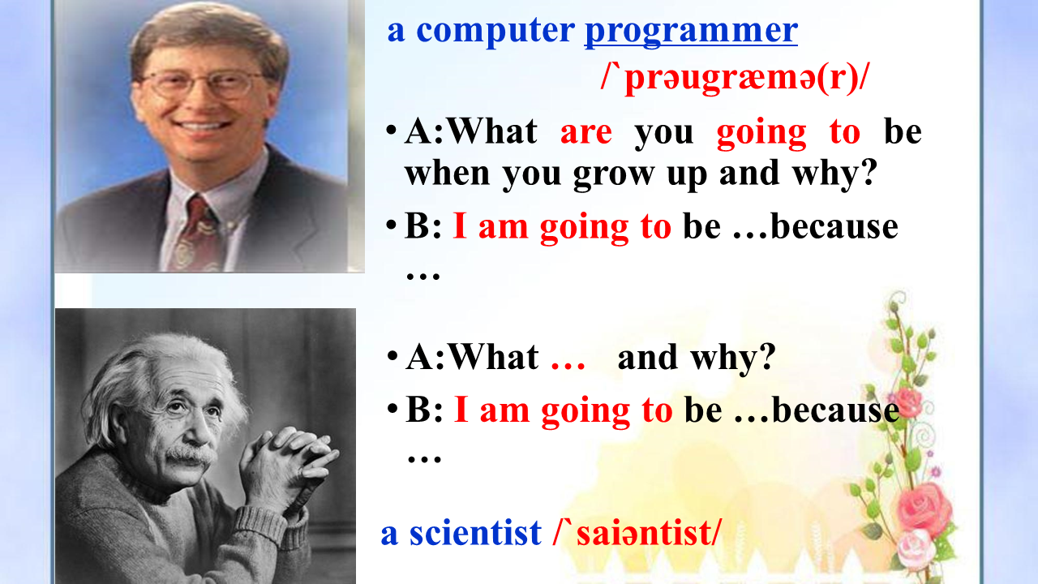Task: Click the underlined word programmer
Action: tap(691, 32)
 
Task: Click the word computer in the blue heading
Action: tap(495, 32)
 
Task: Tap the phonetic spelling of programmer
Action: tap(735, 79)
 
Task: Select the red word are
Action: tap(586, 133)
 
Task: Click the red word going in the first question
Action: tap(761, 135)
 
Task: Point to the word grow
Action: tap(614, 174)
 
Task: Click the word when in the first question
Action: tap(447, 173)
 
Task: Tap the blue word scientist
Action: tap(475, 533)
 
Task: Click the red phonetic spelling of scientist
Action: tap(637, 533)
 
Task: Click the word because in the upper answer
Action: tap(834, 227)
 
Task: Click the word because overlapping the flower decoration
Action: tap(836, 410)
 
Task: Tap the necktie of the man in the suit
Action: tap(197, 234)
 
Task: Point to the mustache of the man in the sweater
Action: tap(191, 455)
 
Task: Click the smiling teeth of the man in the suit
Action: tap(204, 126)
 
